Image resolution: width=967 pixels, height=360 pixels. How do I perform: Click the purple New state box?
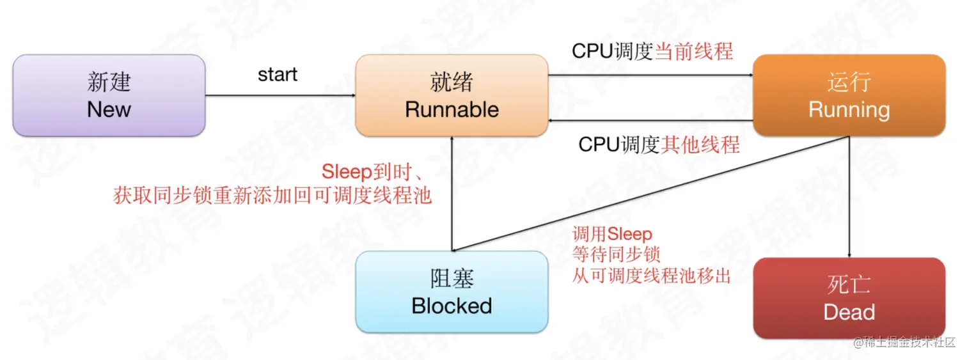pyautogui.click(x=109, y=95)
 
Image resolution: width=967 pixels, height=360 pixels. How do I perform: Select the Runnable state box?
pyautogui.click(x=452, y=95)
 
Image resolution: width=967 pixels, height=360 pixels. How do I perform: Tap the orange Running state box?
pyautogui.click(x=849, y=95)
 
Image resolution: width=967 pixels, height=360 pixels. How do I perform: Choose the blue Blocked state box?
pyautogui.click(x=452, y=292)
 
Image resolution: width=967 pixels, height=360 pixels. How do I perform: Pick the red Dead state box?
pyautogui.click(x=849, y=298)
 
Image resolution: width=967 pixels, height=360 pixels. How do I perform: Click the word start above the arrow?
pyautogui.click(x=278, y=74)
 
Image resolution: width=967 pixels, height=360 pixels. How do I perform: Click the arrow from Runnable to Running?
pyautogui.click(x=650, y=75)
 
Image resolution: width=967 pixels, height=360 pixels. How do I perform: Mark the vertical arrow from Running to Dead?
pyautogui.click(x=849, y=198)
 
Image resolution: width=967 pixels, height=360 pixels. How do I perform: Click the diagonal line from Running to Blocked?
pyautogui.click(x=650, y=194)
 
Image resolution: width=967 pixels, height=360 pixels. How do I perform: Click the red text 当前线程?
pyautogui.click(x=694, y=52)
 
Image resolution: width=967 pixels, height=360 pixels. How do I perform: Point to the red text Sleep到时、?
pyautogui.click(x=375, y=172)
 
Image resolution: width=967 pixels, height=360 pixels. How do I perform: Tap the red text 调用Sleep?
pyautogui.click(x=612, y=235)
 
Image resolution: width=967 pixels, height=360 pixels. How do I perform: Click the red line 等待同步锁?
pyautogui.click(x=616, y=255)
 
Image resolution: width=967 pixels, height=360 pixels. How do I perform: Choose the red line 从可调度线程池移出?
pyautogui.click(x=651, y=276)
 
